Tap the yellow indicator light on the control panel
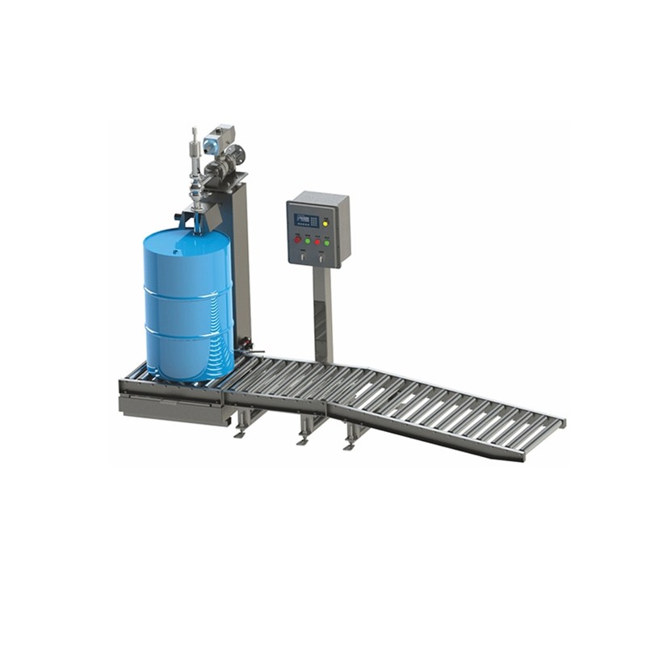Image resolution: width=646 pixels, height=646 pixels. [325, 222]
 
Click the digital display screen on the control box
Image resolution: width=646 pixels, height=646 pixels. [306, 220]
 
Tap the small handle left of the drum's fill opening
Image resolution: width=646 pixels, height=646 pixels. [180, 217]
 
